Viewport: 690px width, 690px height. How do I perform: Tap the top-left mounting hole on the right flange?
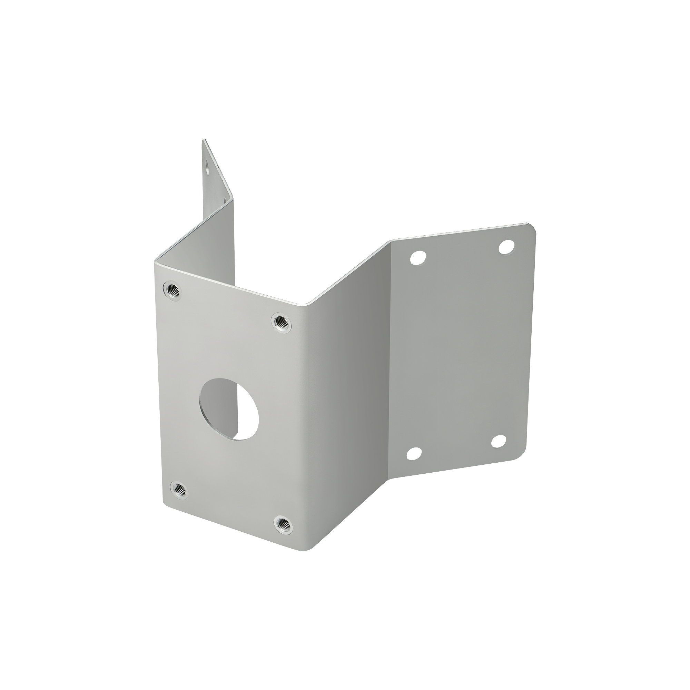418,257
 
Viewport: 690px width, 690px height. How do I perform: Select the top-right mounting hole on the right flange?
507,247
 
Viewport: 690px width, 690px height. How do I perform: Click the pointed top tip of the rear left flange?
204,140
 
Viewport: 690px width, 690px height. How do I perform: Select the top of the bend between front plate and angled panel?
306,305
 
